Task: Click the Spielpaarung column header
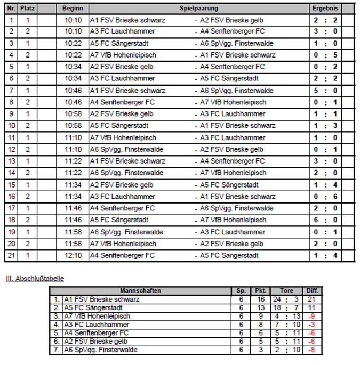tap(199, 9)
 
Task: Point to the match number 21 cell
tap(11, 255)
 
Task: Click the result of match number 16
tap(325, 197)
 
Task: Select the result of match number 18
tap(325, 220)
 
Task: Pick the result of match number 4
tap(325, 55)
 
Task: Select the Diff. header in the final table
tap(312, 291)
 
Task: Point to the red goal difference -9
tap(312, 316)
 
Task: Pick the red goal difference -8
tap(312, 350)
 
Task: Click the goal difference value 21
tap(312, 299)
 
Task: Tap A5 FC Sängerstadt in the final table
tap(93, 308)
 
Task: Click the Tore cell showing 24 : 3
tap(287, 299)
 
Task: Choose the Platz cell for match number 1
tap(28, 20)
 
